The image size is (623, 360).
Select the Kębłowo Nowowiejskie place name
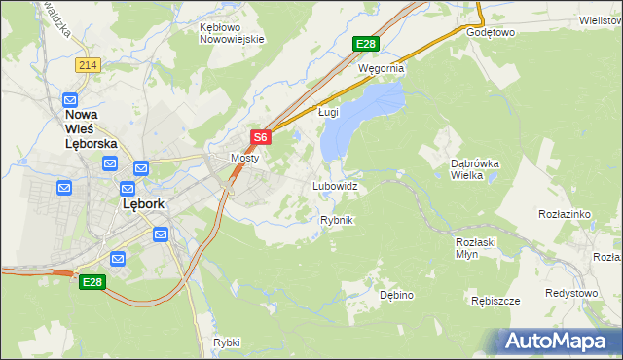click(232, 33)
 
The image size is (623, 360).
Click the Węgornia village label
click(381, 69)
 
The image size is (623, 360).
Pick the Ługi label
click(328, 112)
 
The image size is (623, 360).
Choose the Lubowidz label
click(335, 185)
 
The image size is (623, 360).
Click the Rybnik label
click(336, 220)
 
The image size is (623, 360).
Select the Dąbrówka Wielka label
click(474, 170)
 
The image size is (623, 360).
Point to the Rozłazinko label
click(566, 213)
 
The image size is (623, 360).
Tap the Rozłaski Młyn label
click(475, 248)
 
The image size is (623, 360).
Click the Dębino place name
click(397, 294)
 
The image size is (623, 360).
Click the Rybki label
click(226, 342)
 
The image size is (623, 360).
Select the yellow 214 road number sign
click(88, 64)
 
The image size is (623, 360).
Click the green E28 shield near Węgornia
click(365, 44)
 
